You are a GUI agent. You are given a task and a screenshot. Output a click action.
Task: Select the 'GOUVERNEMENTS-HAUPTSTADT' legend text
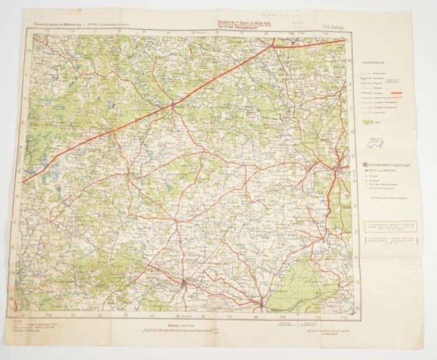point(383,158)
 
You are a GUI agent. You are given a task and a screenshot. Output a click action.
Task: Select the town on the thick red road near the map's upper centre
point(173,103)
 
